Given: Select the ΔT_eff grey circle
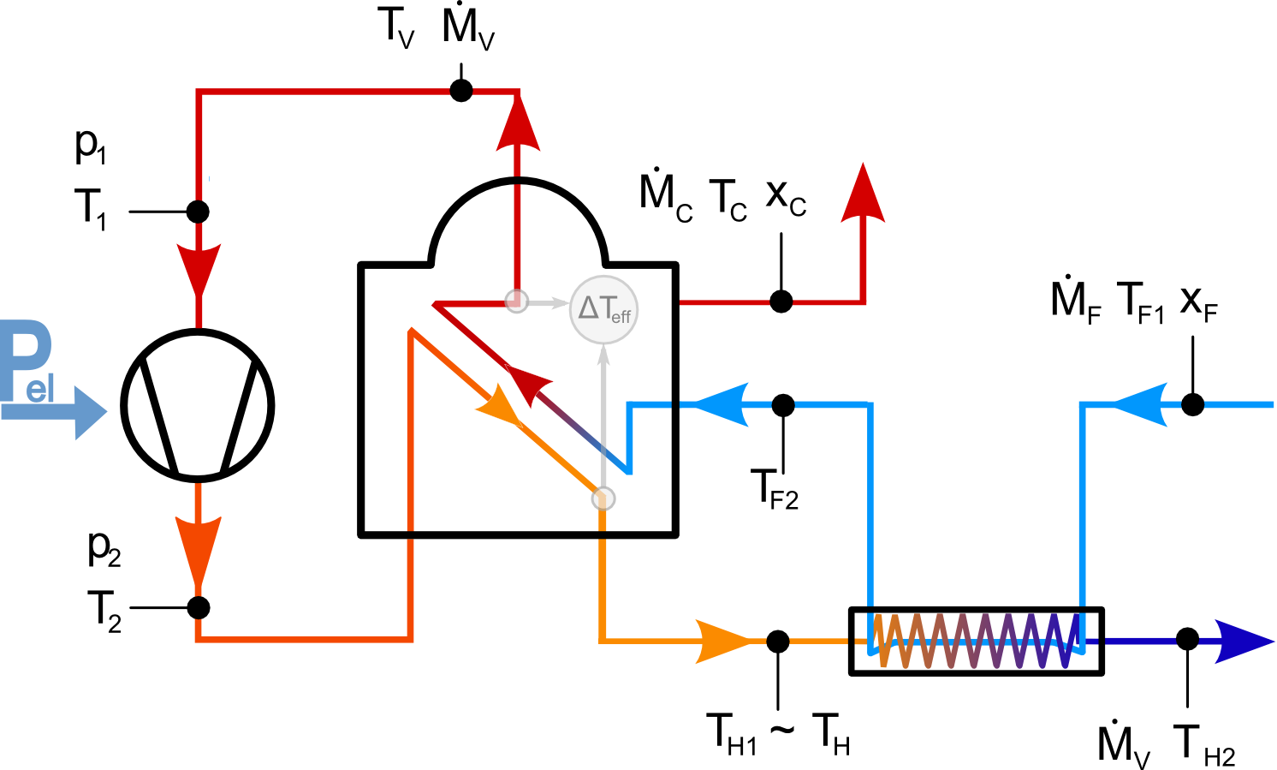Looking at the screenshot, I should click(604, 309).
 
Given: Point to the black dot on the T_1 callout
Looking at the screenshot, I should click(198, 211).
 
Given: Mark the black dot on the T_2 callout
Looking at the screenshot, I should click(198, 607).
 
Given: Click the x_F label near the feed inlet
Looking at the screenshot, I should click(1198, 301).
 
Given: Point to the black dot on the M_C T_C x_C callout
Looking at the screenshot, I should click(781, 301).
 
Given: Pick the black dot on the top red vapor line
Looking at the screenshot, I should click(461, 90).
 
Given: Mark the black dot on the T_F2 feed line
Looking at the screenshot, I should click(783, 404).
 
